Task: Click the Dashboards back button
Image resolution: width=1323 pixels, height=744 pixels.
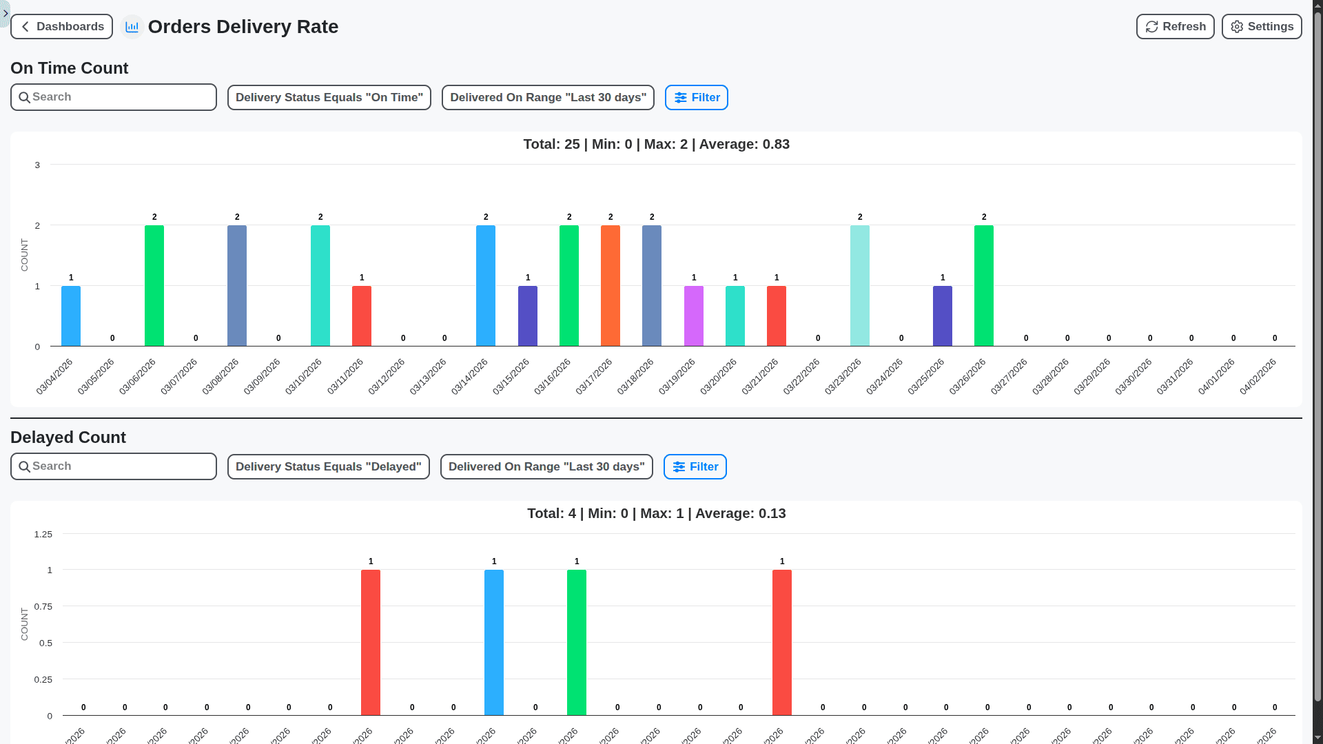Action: tap(61, 27)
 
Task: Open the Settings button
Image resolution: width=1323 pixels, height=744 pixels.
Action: tap(1261, 27)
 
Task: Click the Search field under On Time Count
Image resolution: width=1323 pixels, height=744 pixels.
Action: tap(114, 97)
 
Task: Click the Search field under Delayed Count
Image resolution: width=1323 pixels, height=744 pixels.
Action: tap(114, 466)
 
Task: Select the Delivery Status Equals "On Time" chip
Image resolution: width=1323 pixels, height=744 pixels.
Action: tap(329, 97)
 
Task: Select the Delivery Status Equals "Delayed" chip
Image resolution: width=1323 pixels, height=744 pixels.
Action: tap(328, 466)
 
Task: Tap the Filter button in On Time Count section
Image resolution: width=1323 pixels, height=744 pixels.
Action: tap(696, 97)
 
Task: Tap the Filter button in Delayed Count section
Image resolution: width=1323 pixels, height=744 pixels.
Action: tap(695, 466)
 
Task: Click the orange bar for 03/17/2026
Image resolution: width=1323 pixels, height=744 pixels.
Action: tap(610, 286)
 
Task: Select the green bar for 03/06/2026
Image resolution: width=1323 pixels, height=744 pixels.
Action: tap(154, 286)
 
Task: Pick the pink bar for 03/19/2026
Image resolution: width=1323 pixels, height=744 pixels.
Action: tap(693, 316)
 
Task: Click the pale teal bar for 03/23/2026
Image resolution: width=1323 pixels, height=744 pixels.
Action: tap(859, 286)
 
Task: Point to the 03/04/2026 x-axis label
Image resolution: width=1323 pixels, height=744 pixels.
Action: tap(54, 376)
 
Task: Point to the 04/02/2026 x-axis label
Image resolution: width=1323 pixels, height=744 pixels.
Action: tap(1258, 376)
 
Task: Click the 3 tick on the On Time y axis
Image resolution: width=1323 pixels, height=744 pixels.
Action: tap(37, 165)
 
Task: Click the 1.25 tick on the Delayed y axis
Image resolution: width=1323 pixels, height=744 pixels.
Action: tap(43, 535)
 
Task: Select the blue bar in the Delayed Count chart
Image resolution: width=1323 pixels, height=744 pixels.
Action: tap(493, 642)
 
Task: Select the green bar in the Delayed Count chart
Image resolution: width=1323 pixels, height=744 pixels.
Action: tap(576, 642)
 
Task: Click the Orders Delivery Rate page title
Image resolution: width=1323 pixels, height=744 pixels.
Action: tap(243, 27)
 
